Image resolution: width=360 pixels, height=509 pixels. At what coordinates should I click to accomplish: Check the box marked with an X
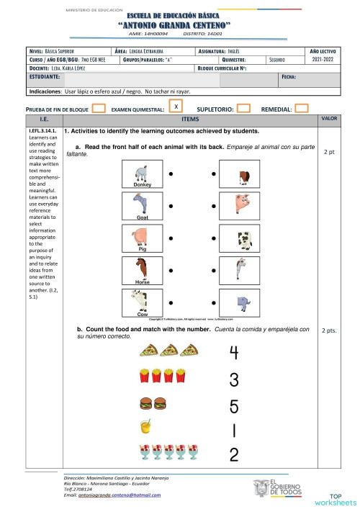pos(176,107)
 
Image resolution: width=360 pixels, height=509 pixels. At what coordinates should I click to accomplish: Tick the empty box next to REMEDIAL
pos(302,109)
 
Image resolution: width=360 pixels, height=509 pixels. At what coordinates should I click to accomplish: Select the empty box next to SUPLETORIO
pos(243,109)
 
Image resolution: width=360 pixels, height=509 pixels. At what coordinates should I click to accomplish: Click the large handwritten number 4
pos(233,352)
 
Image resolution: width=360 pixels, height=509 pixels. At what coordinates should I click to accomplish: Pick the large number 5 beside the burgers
pos(233,406)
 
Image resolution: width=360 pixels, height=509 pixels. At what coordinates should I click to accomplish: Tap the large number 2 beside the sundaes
pos(233,454)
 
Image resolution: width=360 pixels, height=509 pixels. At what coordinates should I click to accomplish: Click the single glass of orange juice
pos(145,426)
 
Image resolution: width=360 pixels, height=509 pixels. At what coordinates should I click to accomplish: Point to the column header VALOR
pos(329,118)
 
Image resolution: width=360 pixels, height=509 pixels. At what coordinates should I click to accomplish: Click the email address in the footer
pos(112,495)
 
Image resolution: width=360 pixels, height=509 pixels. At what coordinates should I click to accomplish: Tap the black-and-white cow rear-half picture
pos(244,239)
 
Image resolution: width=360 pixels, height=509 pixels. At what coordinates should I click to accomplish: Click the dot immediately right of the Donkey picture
pos(171,174)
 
